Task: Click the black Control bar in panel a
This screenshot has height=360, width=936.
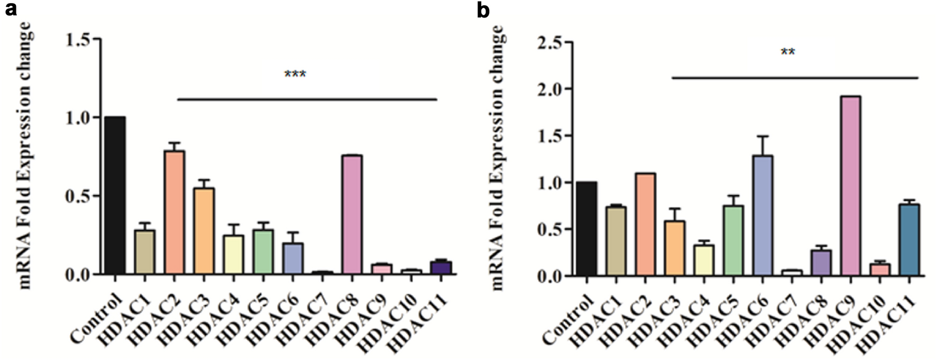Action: [115, 196]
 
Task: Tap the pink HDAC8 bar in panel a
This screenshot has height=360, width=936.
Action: [352, 215]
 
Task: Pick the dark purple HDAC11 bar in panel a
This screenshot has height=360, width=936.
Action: [441, 267]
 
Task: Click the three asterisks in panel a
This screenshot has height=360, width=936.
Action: [295, 74]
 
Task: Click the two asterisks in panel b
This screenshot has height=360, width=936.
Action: [787, 52]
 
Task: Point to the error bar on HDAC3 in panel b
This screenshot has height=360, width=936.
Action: [674, 214]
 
